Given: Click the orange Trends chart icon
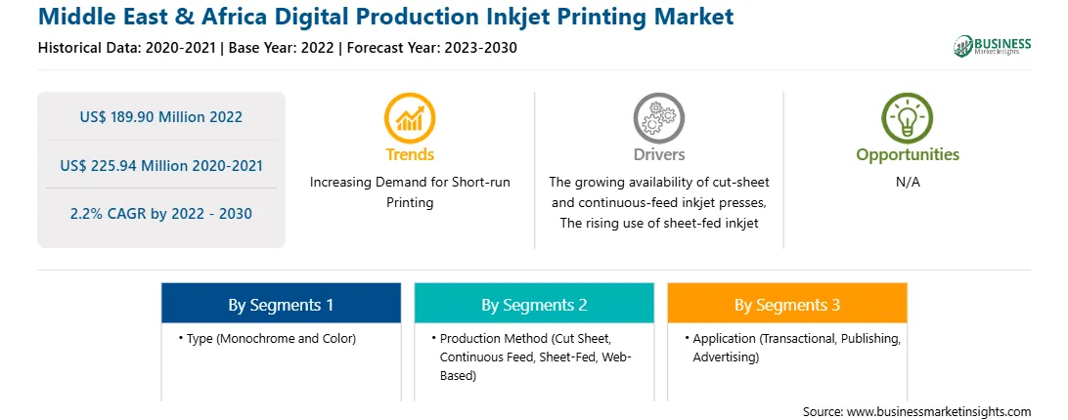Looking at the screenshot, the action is (410, 118).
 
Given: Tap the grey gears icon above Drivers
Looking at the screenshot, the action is (658, 118).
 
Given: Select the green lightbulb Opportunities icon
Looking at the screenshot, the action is (908, 118).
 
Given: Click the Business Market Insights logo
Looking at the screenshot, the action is (992, 46).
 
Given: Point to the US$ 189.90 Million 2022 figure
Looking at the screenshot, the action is (160, 117).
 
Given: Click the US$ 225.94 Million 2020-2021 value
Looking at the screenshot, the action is (160, 165).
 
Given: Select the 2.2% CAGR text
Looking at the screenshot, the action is (160, 214).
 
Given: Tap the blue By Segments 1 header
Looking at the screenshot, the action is (281, 305).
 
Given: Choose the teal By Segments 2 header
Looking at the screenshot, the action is (534, 305).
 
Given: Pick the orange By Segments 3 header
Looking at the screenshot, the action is (787, 305).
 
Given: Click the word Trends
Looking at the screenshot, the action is (410, 154).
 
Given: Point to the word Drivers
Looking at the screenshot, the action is (658, 154).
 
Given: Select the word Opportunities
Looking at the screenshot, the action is (908, 155).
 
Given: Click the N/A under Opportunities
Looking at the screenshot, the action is (908, 183).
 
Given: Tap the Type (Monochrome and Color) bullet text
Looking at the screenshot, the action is (271, 338).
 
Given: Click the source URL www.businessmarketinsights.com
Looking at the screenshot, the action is (939, 411).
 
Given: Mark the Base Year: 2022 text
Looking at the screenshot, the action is (282, 48).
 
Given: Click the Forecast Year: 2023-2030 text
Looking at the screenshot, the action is (427, 48).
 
